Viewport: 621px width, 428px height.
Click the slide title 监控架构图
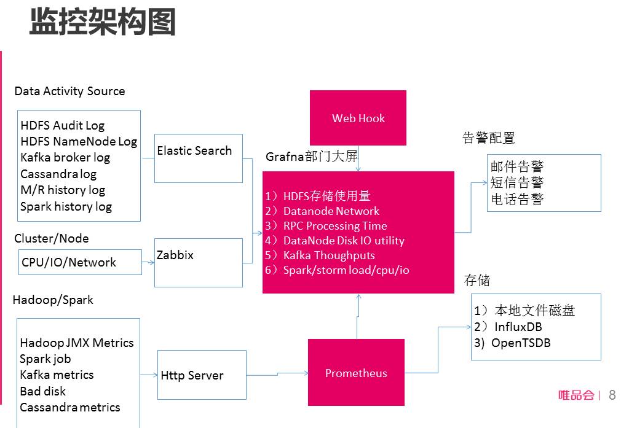(103, 22)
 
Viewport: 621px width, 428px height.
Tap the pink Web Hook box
(358, 118)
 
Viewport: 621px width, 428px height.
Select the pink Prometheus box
(356, 373)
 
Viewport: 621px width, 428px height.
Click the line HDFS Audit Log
(62, 125)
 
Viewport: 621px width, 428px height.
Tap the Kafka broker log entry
(65, 157)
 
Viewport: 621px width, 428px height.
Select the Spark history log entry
(66, 206)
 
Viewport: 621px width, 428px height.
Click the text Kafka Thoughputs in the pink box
(328, 255)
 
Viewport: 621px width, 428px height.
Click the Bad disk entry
(42, 391)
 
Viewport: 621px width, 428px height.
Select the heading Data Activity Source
(69, 91)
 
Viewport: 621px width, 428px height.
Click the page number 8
(612, 395)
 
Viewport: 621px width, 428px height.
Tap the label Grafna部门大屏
(311, 157)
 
